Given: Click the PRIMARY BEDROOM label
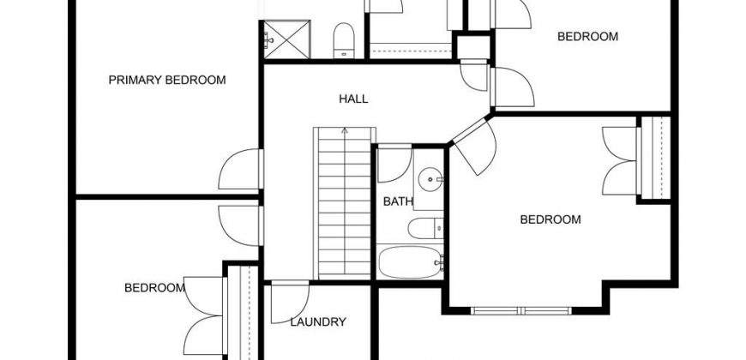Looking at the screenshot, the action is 167,80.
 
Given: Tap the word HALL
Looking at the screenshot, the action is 353,99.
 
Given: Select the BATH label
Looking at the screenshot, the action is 398,201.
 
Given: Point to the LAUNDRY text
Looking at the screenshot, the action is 318,322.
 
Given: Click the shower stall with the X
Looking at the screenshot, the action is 286,39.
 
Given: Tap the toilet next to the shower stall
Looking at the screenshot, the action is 344,40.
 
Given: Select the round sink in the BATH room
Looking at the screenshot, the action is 431,179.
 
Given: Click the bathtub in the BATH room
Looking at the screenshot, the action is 411,262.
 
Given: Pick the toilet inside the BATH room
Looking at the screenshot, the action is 425,228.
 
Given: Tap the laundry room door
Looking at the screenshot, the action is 290,302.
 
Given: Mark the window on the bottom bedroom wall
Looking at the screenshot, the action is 521,311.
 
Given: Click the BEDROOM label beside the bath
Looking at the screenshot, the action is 550,219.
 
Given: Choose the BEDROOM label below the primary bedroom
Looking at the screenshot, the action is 154,288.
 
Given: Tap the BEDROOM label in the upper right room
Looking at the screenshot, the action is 587,37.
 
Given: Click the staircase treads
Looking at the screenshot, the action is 345,203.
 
